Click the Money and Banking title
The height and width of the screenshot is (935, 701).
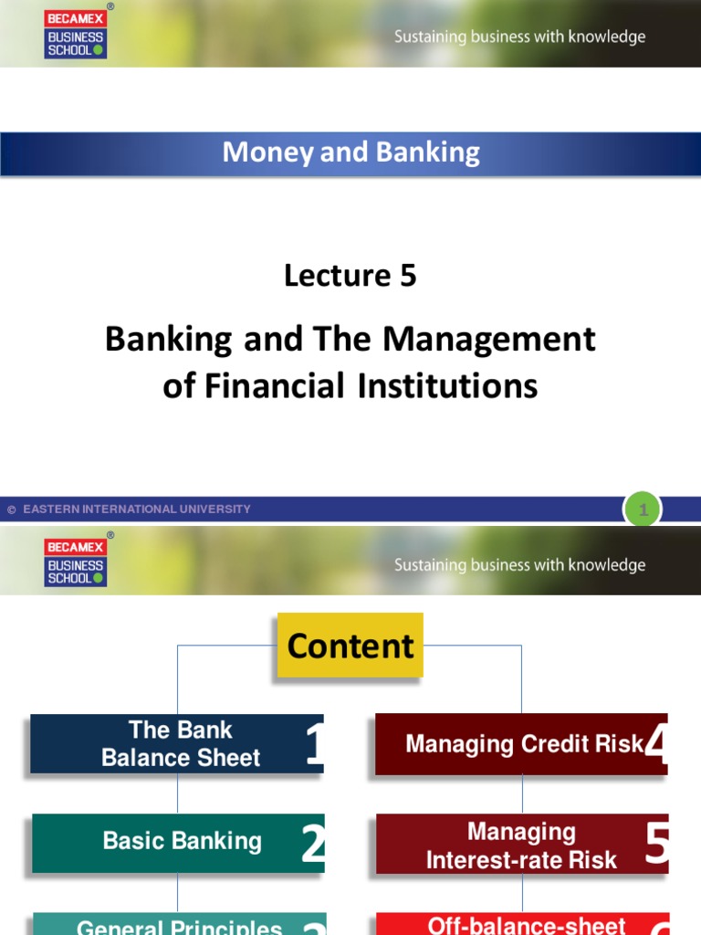pos(350,152)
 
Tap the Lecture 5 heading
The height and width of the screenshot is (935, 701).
pos(350,275)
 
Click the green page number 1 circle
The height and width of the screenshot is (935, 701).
pos(643,510)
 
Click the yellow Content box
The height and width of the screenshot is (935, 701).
pos(350,646)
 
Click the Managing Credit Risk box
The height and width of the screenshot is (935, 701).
pos(523,744)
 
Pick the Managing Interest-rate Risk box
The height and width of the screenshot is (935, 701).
pos(521,846)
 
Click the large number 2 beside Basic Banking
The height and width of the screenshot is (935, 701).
pos(313,845)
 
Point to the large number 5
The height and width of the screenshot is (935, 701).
pos(656,846)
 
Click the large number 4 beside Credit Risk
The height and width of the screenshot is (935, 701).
pos(656,744)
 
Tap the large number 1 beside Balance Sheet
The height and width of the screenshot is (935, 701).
pos(315,745)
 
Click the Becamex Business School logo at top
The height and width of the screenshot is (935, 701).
pos(76,34)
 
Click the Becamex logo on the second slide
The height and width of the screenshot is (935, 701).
pos(76,562)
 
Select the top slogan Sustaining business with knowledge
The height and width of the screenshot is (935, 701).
pos(519,37)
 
